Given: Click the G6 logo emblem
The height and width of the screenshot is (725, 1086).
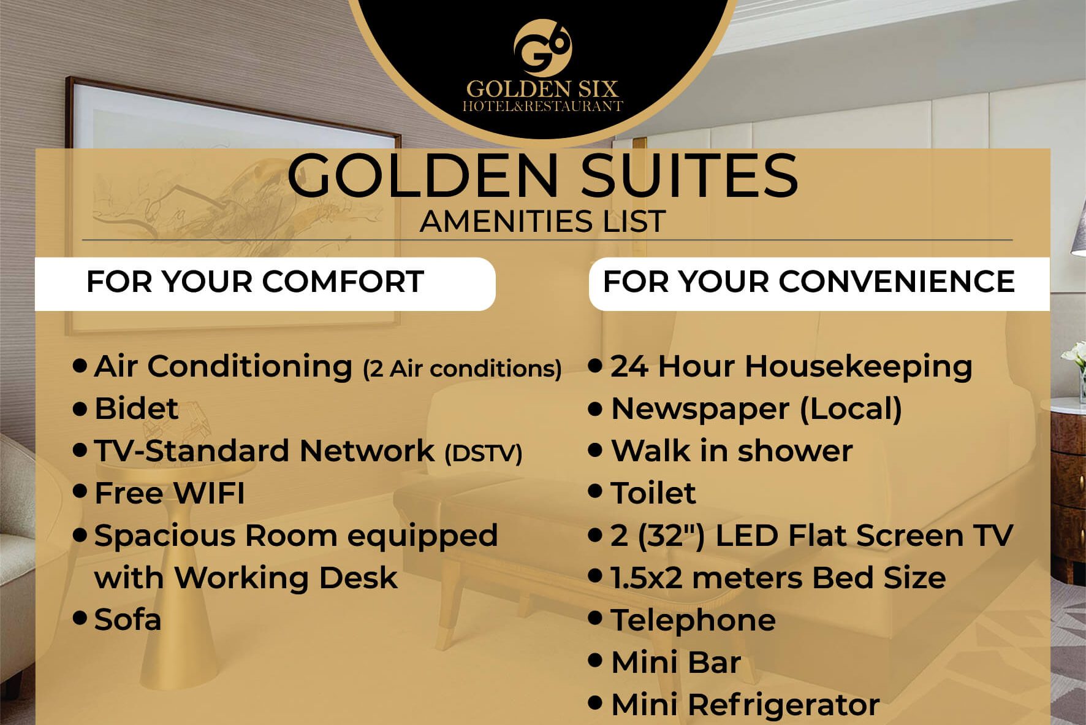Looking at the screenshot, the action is (542, 48).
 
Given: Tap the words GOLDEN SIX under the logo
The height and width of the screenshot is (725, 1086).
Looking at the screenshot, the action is (542, 90).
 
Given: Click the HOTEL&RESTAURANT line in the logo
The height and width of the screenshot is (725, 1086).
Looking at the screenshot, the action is (542, 106).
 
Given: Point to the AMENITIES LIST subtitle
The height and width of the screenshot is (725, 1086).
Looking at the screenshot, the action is (543, 221).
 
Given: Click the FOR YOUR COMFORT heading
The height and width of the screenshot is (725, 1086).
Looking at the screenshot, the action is (255, 282).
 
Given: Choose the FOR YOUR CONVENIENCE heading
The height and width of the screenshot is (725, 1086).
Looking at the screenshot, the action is (809, 282).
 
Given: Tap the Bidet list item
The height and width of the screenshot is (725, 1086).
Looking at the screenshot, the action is (136, 409).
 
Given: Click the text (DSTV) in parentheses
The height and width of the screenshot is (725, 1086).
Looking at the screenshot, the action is (484, 453).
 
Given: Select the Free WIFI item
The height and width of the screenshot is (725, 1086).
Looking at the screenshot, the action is (170, 493).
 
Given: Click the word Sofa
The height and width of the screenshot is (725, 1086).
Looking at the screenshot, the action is (127, 620).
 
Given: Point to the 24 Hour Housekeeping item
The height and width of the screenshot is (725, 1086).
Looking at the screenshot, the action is (791, 367).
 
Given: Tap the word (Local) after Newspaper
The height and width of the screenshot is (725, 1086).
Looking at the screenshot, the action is (851, 409).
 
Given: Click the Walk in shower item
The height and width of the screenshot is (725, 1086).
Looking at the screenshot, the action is (732, 451).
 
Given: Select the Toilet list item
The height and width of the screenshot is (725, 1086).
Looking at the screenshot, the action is (653, 493).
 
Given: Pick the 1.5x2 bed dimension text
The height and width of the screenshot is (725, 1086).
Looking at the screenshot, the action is (647, 578).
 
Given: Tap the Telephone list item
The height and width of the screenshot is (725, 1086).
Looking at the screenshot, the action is (694, 621).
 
